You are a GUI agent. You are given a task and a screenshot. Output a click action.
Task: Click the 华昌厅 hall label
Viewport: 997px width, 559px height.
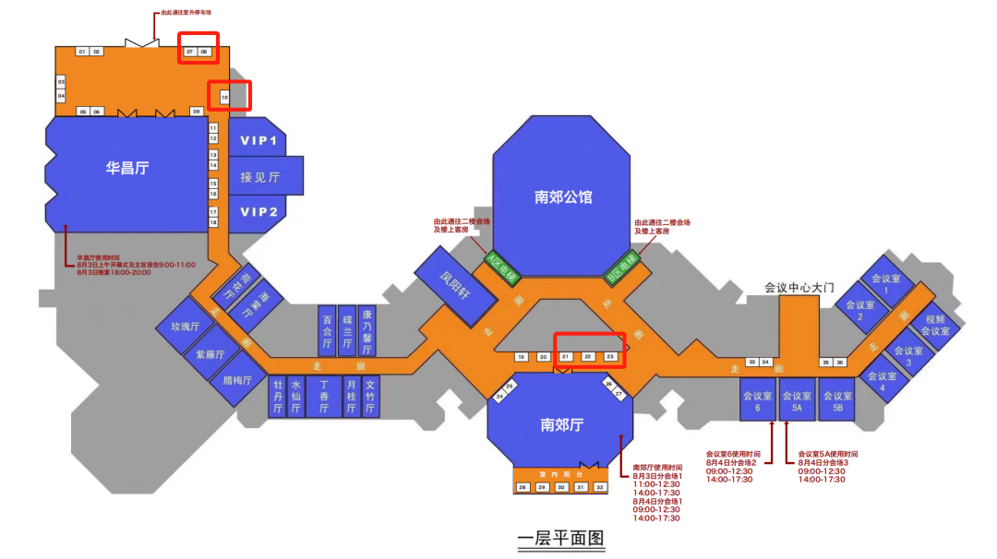[x=126, y=168]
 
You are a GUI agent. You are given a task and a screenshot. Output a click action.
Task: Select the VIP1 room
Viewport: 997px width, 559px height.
[x=258, y=141]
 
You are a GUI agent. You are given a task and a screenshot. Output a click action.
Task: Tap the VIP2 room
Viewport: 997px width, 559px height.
[x=258, y=212]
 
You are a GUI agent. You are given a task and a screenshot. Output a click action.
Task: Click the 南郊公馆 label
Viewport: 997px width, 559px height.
[x=563, y=196]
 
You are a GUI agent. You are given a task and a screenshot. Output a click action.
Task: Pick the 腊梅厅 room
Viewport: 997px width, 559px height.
[x=237, y=378]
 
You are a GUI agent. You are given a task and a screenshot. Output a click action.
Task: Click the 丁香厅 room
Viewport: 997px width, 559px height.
[x=323, y=396]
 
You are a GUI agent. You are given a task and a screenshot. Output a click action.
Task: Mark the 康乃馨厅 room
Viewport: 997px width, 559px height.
[x=366, y=330]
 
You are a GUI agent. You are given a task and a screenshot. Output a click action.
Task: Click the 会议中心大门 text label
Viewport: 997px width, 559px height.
[x=799, y=288]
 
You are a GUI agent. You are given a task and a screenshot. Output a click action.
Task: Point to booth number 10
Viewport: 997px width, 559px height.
[x=223, y=96]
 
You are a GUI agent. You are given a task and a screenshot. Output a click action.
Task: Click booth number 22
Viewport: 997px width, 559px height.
[x=588, y=356]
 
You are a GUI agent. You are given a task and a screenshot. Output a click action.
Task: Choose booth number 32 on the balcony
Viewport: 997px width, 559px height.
[x=600, y=487]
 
